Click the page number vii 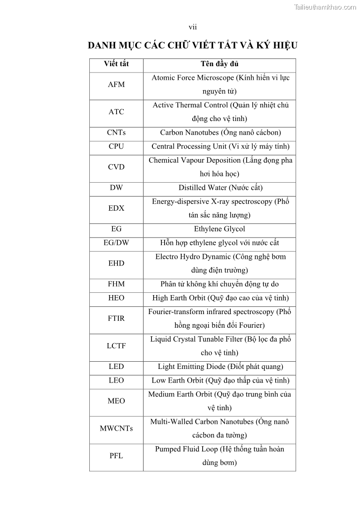[x=193, y=27]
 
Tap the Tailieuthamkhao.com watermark [x=325, y=7]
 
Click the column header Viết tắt [x=116, y=64]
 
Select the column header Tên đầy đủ [x=220, y=64]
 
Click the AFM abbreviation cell [x=116, y=84]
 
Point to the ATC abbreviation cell [x=116, y=112]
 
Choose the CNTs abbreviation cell [x=116, y=133]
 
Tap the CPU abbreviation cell [x=116, y=146]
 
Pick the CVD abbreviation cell [x=116, y=167]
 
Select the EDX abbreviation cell [x=116, y=208]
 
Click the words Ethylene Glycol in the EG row [x=219, y=229]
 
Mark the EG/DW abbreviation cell [x=116, y=243]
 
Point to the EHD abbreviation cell [x=116, y=263]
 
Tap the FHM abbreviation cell [x=116, y=284]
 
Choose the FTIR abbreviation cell [x=116, y=319]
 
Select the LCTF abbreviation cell [x=116, y=346]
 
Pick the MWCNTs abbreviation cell [x=116, y=428]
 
